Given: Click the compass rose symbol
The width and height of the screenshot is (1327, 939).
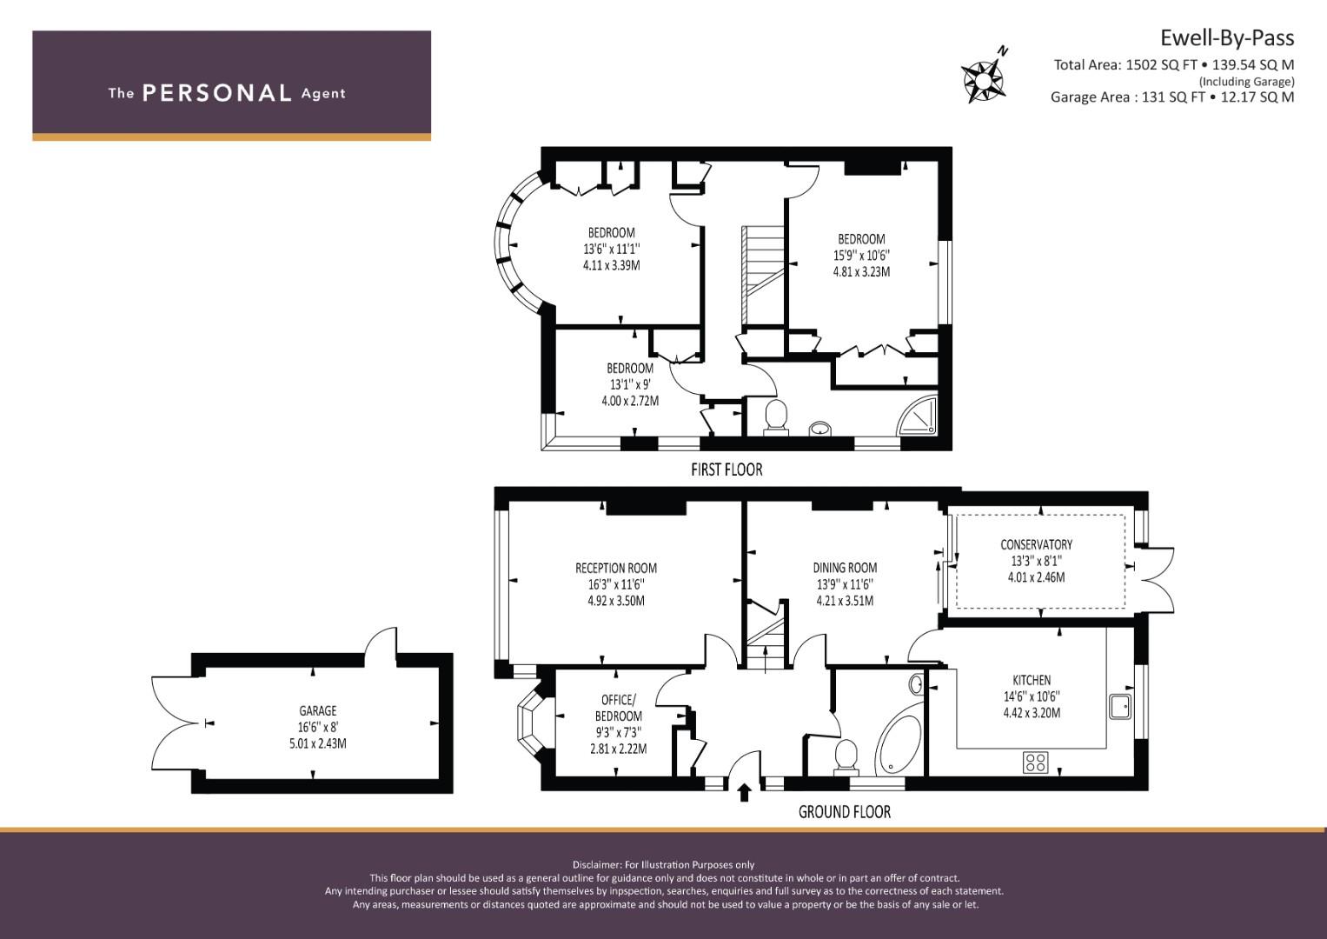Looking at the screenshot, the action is tap(984, 77).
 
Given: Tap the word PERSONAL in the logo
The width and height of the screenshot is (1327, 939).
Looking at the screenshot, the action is tap(217, 93).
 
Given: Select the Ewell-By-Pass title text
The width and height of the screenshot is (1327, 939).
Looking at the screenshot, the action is tap(1227, 38).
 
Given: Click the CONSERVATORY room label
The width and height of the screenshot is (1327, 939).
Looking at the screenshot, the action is tap(1036, 544).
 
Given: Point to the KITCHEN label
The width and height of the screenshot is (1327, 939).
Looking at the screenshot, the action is tap(1032, 680).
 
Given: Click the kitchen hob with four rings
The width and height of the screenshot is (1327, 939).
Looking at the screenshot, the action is tap(1036, 762).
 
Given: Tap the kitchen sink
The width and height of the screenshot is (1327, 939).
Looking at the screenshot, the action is tap(1120, 706).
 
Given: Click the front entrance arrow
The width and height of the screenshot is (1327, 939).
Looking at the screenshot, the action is tap(745, 793).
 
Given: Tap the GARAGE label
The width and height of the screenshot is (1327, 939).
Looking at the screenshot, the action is tap(317, 710).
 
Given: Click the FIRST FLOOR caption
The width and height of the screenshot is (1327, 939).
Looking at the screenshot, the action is tap(727, 469).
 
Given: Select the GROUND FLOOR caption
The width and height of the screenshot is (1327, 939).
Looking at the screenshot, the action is tap(844, 811).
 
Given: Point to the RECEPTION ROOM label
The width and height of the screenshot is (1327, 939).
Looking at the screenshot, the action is tap(616, 568).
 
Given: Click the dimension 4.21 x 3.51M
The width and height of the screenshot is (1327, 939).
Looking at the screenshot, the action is tap(845, 601).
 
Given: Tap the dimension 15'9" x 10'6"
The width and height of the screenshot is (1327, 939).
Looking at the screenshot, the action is tap(861, 256).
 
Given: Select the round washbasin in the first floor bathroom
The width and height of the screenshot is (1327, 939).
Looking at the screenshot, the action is tap(820, 428).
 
